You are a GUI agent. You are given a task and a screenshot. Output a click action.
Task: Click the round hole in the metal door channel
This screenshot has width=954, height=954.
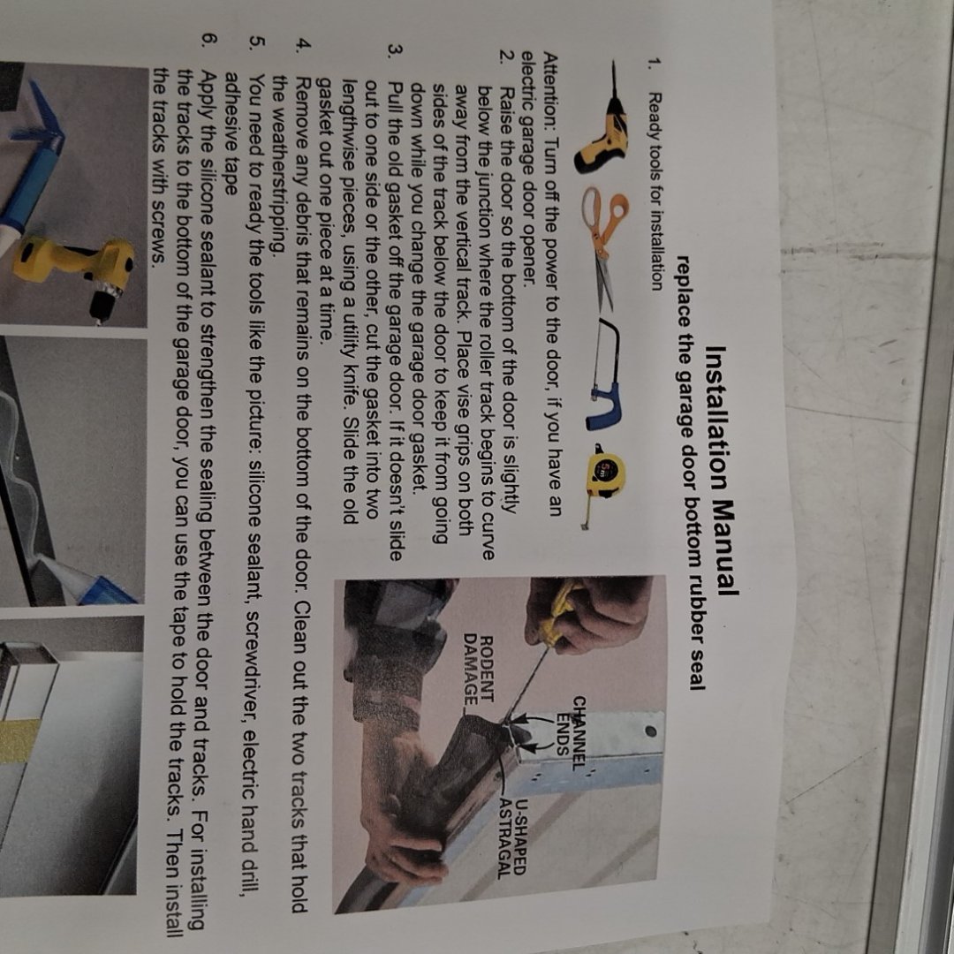650,731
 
